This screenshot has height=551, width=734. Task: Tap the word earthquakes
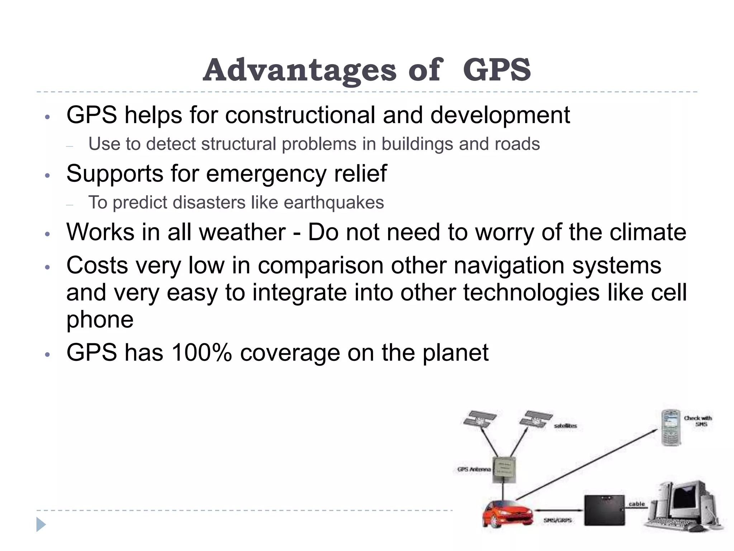(334, 202)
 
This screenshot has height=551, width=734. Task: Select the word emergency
(266, 174)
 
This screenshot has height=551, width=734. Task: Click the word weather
(242, 232)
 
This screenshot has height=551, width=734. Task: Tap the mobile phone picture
(671, 428)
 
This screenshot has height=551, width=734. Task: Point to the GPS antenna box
(505, 470)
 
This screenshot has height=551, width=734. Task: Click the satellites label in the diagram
(565, 426)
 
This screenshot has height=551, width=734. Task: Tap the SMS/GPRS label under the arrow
(557, 520)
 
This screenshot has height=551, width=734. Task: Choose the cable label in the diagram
(637, 504)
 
